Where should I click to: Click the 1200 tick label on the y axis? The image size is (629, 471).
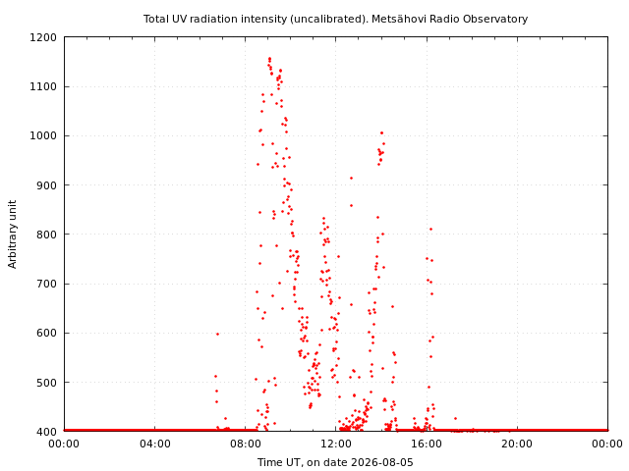pos(43,37)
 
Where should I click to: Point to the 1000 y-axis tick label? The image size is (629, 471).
pos(43,135)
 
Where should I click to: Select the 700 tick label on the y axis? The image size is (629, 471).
pos(46,284)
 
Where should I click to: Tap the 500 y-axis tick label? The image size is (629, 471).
pos(46,383)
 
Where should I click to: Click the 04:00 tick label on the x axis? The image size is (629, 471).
pos(155,444)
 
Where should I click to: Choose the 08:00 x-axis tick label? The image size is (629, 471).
pos(246,444)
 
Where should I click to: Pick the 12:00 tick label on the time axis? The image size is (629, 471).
pos(336,444)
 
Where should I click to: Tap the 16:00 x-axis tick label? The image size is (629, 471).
pos(427,444)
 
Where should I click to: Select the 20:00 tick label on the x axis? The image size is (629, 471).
pos(518,444)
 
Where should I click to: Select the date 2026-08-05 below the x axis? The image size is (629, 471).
pos(382,462)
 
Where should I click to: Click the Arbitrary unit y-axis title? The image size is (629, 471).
pos(13,235)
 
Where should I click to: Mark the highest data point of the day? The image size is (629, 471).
pos(269,59)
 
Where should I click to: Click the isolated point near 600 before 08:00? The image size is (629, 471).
pos(217,334)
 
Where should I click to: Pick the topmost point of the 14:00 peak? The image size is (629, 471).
pos(381,133)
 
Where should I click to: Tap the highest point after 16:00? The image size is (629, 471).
pos(430,229)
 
